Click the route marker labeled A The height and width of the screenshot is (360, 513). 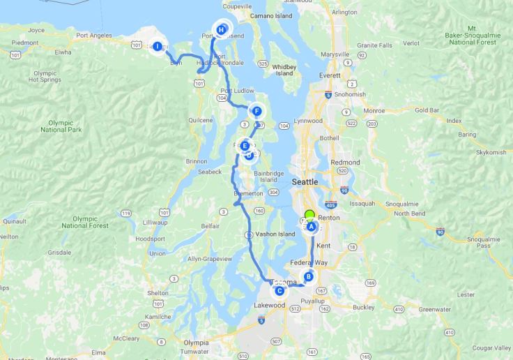312,227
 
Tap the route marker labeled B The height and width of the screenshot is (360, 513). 308,276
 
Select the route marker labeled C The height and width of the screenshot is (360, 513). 279,291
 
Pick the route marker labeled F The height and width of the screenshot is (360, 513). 257,111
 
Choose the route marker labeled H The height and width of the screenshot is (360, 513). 221,30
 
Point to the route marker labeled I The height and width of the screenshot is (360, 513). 158,47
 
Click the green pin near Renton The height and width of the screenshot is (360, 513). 310,216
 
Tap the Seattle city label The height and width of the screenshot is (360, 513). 305,181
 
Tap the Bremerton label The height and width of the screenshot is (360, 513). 250,193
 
